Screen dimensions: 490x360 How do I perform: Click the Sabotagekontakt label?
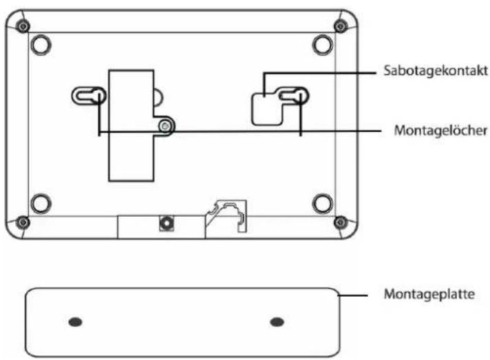click(436, 71)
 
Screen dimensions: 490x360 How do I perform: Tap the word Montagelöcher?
click(440, 131)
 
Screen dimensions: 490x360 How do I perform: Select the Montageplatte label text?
click(429, 294)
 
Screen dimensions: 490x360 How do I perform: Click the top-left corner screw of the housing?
click(23, 26)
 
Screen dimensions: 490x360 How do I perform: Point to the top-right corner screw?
click(340, 26)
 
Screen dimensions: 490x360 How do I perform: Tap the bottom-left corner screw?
click(23, 222)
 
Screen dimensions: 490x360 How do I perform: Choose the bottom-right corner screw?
click(340, 222)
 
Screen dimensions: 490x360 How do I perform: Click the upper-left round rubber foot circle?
click(41, 45)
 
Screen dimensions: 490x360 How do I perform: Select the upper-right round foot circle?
click(323, 45)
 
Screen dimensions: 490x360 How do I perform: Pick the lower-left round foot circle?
click(41, 204)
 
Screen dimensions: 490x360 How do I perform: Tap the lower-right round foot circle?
click(323, 204)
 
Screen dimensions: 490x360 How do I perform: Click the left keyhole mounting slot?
click(89, 96)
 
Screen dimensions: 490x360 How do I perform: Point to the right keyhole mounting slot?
click(292, 96)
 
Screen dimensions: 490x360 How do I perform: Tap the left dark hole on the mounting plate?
click(75, 322)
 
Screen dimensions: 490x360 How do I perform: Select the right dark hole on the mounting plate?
click(277, 322)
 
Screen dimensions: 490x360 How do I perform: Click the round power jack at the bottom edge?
click(167, 223)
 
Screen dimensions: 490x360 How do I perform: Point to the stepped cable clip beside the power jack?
click(226, 216)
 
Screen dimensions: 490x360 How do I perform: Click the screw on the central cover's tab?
click(165, 126)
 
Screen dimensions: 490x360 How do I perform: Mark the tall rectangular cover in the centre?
click(131, 126)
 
